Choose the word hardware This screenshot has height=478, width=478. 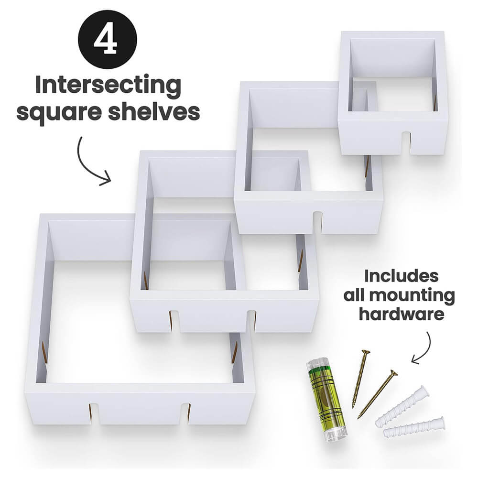point(402,315)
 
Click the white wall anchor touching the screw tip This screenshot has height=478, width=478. point(402,406)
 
